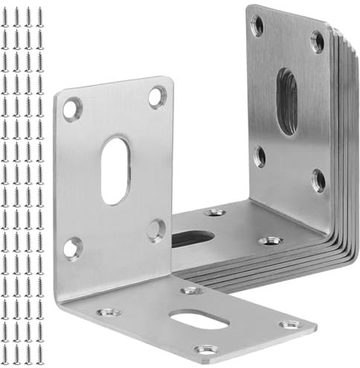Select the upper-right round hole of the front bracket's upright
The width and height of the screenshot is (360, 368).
pyautogui.click(x=157, y=97)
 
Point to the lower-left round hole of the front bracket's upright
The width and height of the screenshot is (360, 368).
pyautogui.click(x=72, y=248)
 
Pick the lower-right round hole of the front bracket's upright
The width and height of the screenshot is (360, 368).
pyautogui.click(x=155, y=229)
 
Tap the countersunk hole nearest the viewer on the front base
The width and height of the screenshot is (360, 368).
pyautogui.click(x=206, y=348)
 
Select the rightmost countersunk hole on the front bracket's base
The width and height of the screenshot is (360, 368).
pyautogui.click(x=289, y=325)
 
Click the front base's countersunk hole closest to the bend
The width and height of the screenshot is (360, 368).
pyautogui.click(x=191, y=290)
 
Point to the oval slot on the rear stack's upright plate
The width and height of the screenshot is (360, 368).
pyautogui.click(x=286, y=101)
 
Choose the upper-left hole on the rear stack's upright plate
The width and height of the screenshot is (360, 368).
pyautogui.click(x=257, y=26)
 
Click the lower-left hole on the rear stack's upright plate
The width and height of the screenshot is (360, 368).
pyautogui.click(x=260, y=155)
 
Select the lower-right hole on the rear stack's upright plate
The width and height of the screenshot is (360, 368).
pyautogui.click(x=318, y=179)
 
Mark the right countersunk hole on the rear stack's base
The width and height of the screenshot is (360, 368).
pyautogui.click(x=271, y=241)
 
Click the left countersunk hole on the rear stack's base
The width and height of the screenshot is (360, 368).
pyautogui.click(x=215, y=212)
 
